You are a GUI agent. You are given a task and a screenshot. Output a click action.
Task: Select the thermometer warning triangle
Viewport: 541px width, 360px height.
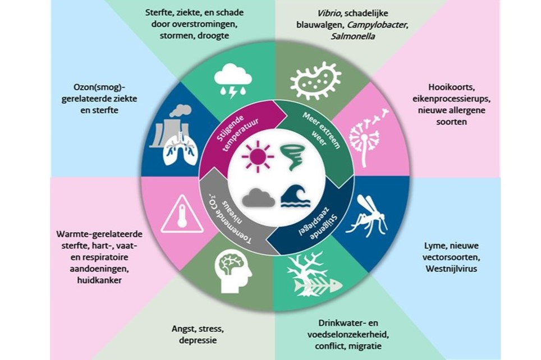(x=182, y=214)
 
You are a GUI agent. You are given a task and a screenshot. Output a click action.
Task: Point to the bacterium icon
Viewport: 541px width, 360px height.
(x=316, y=81)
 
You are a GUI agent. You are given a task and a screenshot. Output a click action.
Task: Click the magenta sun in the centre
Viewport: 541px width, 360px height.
(x=258, y=156)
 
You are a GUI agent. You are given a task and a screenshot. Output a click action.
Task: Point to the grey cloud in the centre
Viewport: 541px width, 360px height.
(x=258, y=197)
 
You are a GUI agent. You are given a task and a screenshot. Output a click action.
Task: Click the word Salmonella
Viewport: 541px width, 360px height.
(x=352, y=36)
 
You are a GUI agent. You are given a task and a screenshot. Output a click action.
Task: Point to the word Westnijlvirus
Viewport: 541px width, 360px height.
(x=451, y=269)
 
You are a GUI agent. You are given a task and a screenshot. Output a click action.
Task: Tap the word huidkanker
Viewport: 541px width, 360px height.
(x=99, y=280)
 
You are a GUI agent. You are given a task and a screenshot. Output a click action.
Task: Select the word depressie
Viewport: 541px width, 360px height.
(x=198, y=341)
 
